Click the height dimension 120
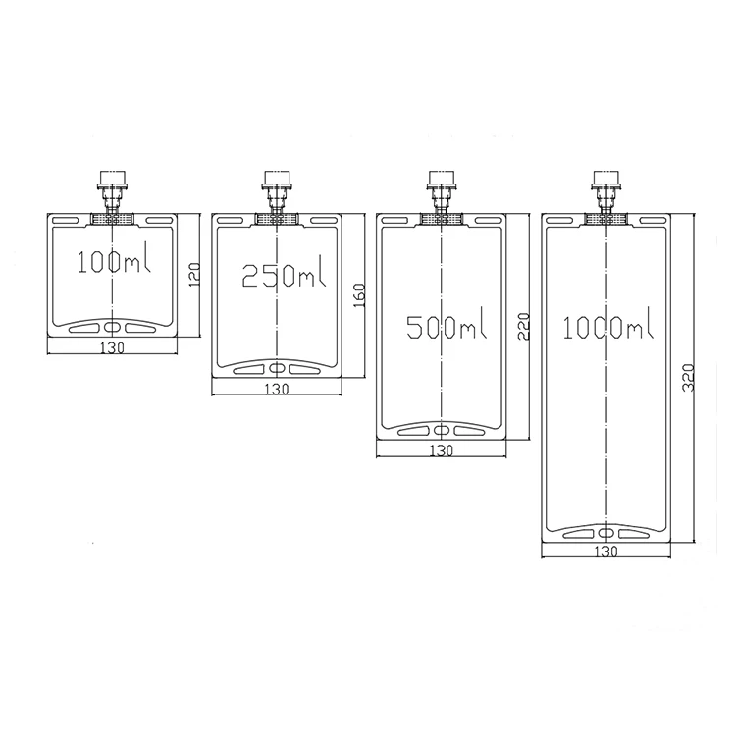pyautogui.click(x=194, y=275)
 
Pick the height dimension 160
pyautogui.click(x=359, y=295)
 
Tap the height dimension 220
pyautogui.click(x=523, y=326)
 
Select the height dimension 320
pyautogui.click(x=688, y=378)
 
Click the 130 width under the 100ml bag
pyautogui.click(x=112, y=347)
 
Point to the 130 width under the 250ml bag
pyautogui.click(x=277, y=390)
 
